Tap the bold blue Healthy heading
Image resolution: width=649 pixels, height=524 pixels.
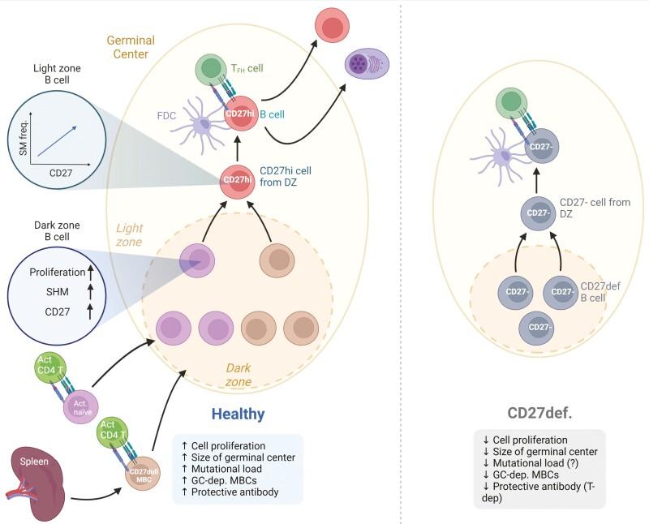[x=238, y=414]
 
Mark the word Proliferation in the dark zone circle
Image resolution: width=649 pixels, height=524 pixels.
[x=56, y=273]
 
